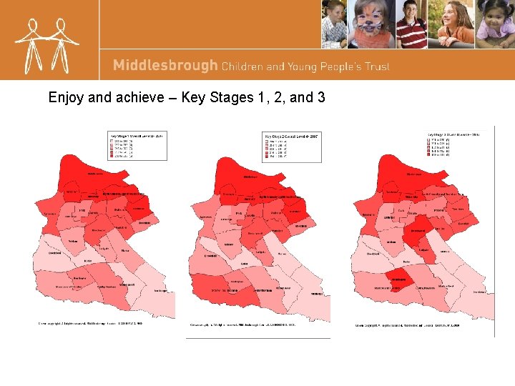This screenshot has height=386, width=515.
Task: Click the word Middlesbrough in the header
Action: [165, 66]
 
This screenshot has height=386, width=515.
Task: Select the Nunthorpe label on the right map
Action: [479, 292]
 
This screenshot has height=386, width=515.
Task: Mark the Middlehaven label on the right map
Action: [414, 174]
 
